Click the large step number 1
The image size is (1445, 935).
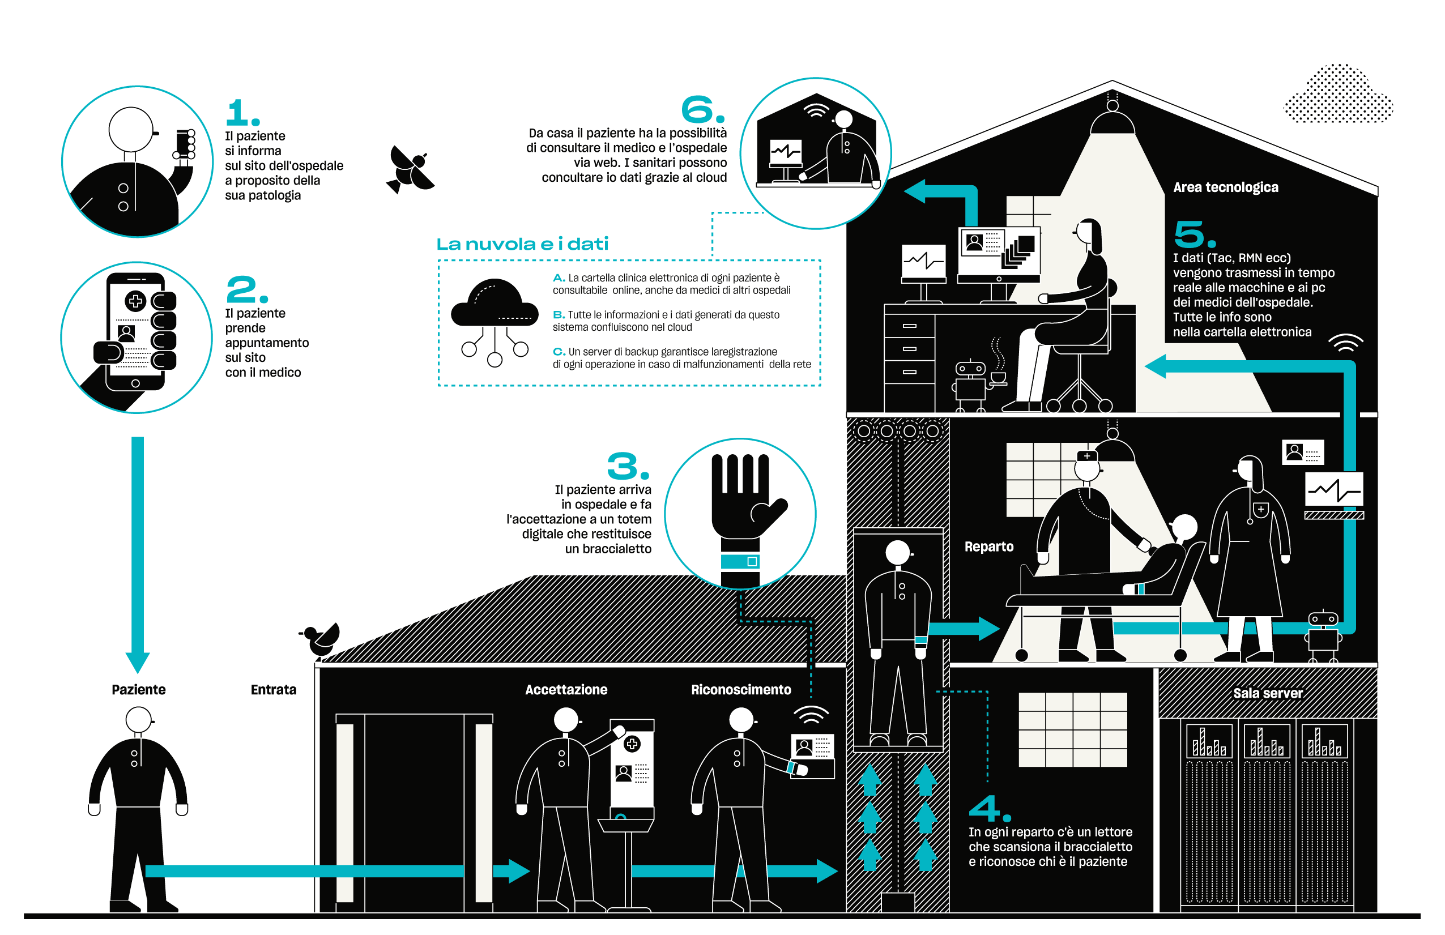241,113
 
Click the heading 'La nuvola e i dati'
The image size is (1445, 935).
522,244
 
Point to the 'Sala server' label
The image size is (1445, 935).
1267,693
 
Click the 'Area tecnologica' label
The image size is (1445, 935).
1225,187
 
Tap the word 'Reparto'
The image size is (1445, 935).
988,547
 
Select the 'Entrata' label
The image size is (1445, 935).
273,690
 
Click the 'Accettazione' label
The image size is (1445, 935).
566,690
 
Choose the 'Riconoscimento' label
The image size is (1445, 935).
741,690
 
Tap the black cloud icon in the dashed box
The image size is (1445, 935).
494,304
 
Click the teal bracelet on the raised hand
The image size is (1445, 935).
740,561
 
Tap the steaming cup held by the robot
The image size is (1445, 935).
998,378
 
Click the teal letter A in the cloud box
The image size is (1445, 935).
559,277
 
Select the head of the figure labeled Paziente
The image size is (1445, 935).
138,720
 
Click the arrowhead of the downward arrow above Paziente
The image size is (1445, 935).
138,662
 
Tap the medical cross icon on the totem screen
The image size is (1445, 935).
632,744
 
